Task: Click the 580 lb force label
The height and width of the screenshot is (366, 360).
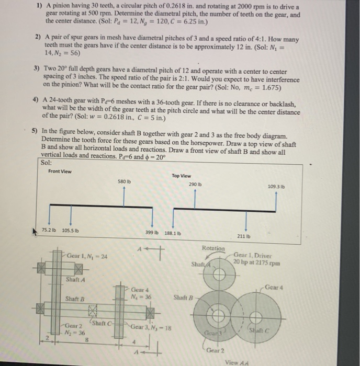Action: pos(123,181)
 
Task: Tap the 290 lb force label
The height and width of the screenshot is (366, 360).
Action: pos(195,185)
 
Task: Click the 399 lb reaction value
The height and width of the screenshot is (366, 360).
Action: pos(152,232)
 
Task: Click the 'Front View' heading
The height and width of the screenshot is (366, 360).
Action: pos(61,171)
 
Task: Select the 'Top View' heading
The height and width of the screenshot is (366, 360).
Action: pos(182,176)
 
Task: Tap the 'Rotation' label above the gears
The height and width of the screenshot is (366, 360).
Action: pos(213,248)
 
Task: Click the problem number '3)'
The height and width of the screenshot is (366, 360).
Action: pos(37,68)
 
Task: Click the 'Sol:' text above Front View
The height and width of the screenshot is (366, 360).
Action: pos(46,162)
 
